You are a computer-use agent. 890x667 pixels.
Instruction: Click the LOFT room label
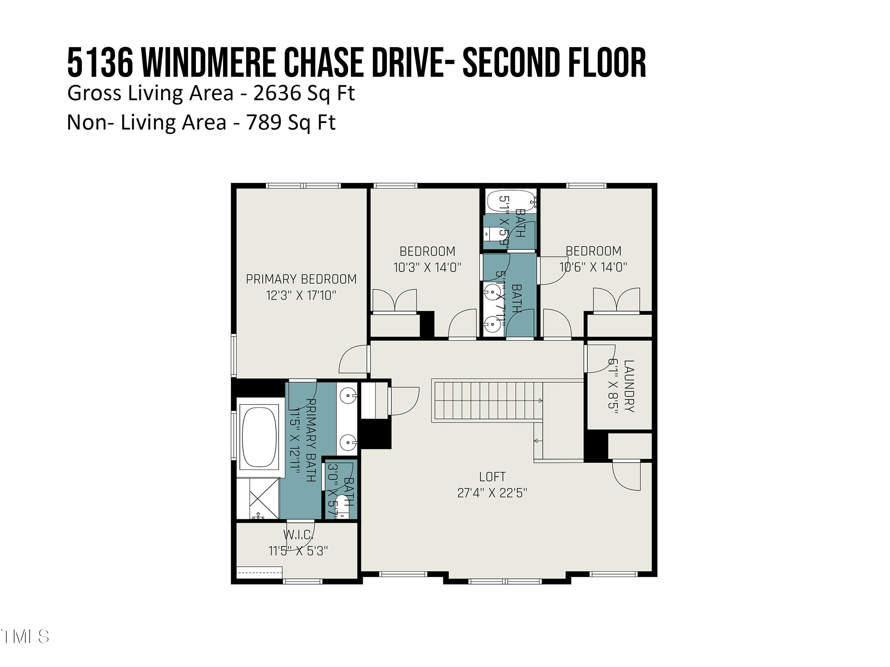point(492,477)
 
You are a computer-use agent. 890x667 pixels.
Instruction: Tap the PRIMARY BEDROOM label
point(301,279)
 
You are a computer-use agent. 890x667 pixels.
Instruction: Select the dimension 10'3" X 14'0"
point(427,267)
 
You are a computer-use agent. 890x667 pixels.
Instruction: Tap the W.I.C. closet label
point(298,535)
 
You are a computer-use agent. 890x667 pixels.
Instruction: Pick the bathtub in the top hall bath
point(510,201)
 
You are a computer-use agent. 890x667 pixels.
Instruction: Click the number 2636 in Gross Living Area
point(277,93)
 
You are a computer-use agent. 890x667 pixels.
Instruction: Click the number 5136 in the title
point(100,63)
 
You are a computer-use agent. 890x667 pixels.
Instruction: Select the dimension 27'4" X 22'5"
point(492,493)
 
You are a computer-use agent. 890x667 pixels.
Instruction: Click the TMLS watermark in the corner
point(25,636)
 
